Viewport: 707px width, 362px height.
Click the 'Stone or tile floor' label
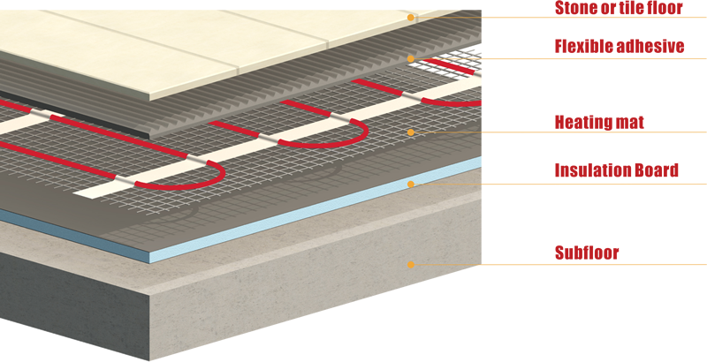pos(619,8)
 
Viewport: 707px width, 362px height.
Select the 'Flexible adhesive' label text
pos(620,47)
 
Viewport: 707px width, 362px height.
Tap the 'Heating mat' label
pos(599,123)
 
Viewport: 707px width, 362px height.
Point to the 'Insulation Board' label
pos(616,170)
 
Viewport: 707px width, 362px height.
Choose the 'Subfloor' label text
pos(587,253)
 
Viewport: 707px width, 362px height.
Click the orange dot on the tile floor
pos(410,18)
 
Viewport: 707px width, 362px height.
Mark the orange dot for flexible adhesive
pos(410,59)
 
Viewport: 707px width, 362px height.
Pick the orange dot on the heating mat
pos(410,132)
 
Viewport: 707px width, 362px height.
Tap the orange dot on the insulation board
pos(410,185)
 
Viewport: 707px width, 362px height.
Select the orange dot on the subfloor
pos(410,265)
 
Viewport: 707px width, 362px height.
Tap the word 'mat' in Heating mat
pos(630,123)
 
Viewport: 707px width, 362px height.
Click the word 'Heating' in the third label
pos(583,123)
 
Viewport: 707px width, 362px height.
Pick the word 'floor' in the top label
pos(665,8)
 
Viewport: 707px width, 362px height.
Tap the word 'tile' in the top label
pos(633,8)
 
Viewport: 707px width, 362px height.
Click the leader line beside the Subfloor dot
pos(560,265)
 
